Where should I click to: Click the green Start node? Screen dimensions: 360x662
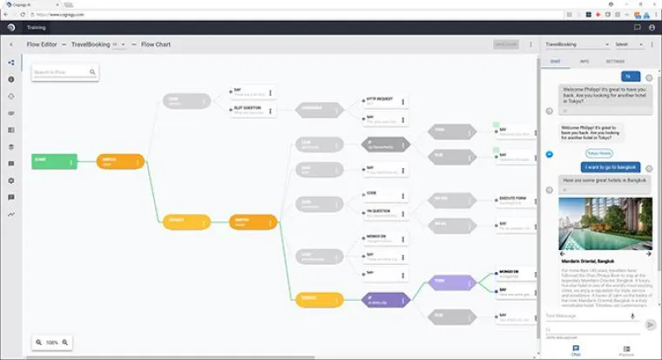point(54,161)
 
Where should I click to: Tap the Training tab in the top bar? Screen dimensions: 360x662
point(37,28)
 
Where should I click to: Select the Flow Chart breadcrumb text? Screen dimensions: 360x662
point(156,44)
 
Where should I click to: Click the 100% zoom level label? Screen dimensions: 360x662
point(52,343)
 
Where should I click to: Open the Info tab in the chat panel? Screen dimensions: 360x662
point(584,62)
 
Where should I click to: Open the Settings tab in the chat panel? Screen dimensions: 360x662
point(615,62)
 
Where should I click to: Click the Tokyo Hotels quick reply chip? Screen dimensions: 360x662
point(598,153)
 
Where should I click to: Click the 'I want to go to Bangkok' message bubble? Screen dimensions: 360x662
point(610,166)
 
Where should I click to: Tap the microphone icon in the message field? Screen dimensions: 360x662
point(632,316)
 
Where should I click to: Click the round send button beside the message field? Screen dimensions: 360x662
point(650,324)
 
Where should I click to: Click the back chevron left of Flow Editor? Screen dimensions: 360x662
point(11,44)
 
